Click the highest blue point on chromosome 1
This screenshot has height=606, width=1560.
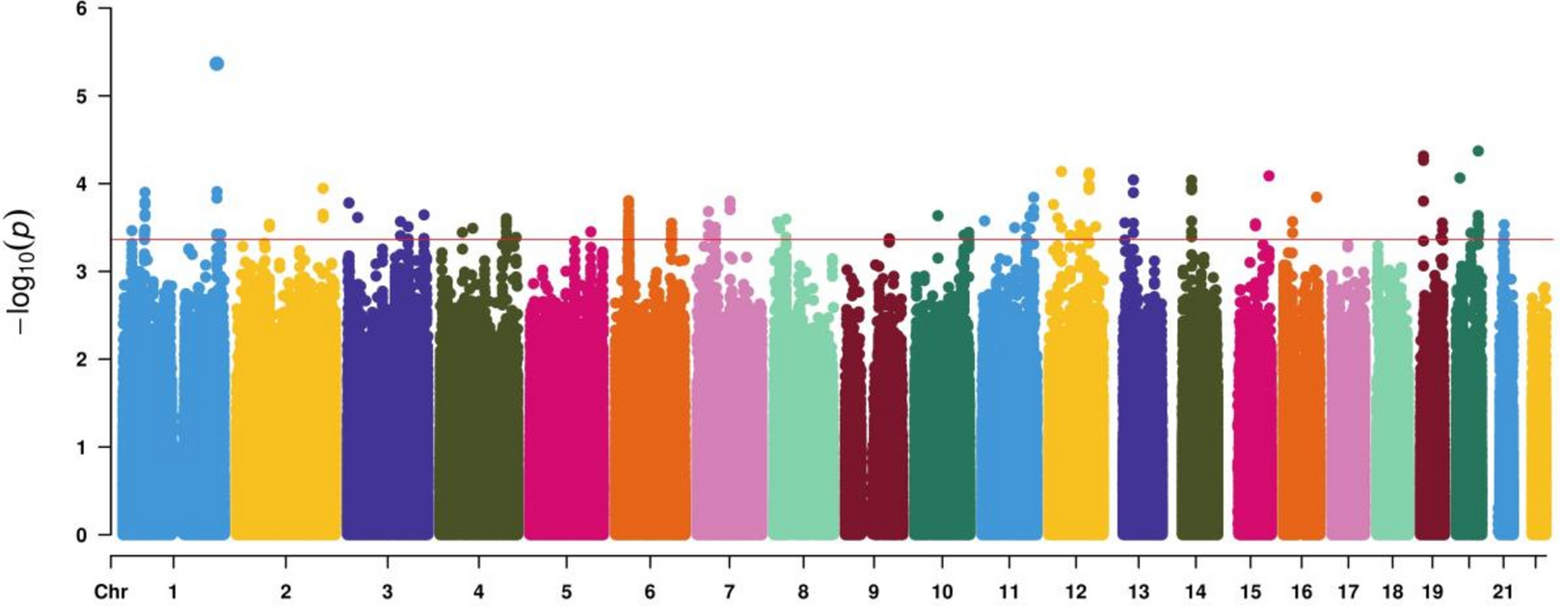(217, 64)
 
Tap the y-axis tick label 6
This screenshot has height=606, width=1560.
(80, 9)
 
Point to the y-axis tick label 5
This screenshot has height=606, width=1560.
(80, 96)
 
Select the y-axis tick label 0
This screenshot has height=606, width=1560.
(80, 535)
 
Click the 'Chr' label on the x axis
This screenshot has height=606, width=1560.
(111, 592)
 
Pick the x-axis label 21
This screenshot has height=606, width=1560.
(1502, 592)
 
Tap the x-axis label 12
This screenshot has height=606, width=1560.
(1076, 592)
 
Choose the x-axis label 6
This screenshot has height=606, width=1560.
(650, 592)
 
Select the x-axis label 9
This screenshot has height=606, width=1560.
(874, 592)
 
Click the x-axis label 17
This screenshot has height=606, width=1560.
(1348, 592)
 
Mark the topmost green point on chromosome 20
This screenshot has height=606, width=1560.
(1478, 151)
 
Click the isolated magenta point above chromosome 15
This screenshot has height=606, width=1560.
(1269, 175)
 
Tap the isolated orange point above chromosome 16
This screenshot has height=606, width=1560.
(1316, 197)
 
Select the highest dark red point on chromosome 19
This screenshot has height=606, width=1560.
(1423, 156)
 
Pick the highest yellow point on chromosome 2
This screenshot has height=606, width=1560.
(323, 189)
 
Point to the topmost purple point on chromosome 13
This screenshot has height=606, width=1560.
(1134, 180)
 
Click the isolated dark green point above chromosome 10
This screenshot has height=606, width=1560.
(937, 216)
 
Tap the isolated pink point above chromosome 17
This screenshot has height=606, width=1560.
(1348, 246)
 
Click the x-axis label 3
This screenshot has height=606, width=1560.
(387, 592)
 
